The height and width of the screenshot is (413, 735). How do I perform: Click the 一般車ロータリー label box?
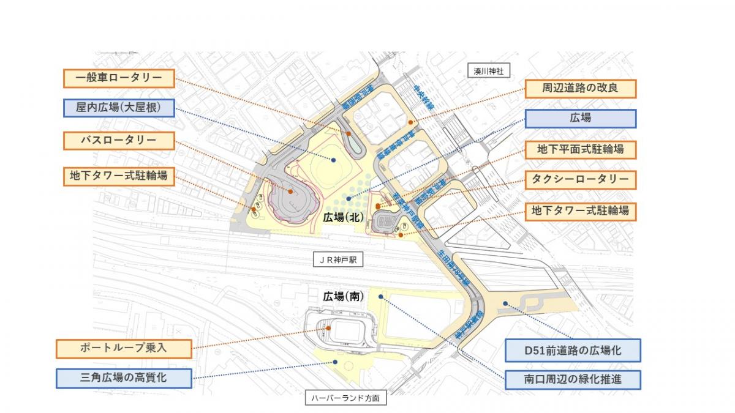119,78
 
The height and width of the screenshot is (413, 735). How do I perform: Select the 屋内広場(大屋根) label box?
119,108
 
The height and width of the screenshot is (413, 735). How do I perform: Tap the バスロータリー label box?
119,140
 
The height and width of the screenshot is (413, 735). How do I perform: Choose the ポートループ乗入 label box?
124,348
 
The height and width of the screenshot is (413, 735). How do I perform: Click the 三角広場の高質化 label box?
124,378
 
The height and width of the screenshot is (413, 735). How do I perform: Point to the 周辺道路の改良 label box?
581,88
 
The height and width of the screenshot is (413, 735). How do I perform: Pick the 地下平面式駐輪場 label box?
581,149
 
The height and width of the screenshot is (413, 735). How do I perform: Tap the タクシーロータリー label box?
581,179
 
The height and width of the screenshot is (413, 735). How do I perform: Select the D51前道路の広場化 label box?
573,351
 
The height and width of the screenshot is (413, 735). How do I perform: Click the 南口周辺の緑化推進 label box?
573,379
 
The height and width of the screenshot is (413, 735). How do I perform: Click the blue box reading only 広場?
581,118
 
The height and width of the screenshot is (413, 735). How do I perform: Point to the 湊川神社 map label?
488,71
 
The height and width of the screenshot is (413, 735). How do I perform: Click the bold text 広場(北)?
344,217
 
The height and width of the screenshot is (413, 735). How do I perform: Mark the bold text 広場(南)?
344,296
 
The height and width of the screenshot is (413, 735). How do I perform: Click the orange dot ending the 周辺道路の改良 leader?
410,122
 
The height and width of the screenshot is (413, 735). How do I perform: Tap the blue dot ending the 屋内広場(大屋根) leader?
334,160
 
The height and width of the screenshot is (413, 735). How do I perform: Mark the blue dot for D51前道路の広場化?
505,303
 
